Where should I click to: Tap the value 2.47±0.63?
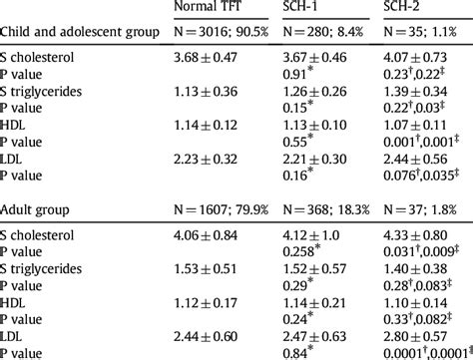coord(317,332)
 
